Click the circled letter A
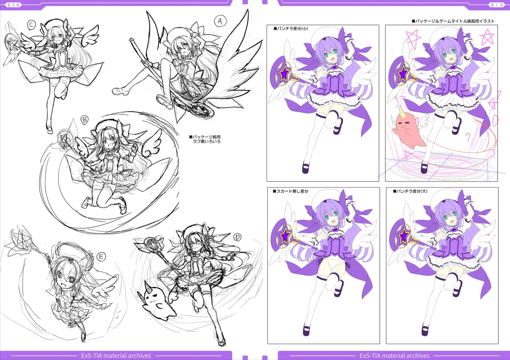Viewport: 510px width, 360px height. [x=220, y=21]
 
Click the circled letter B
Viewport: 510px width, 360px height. [x=85, y=120]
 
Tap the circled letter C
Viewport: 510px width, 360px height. [x=31, y=25]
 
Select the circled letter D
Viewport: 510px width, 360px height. [x=237, y=237]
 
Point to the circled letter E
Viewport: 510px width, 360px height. [x=101, y=257]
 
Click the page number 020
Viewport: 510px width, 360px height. [x=13, y=5]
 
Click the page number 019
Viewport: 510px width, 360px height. [x=496, y=5]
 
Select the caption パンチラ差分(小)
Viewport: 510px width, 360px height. [x=291, y=29]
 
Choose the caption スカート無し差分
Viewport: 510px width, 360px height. [x=290, y=192]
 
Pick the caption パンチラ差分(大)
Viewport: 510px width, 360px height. [x=410, y=192]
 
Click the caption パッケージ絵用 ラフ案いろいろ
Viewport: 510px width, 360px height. [x=205, y=139]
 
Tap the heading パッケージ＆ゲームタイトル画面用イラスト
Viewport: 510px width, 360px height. [x=453, y=21]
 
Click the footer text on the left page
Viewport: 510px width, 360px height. [x=116, y=356]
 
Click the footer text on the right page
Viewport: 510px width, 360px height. [x=394, y=356]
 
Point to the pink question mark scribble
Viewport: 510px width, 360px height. [x=468, y=137]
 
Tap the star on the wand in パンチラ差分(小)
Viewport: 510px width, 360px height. [x=284, y=73]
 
